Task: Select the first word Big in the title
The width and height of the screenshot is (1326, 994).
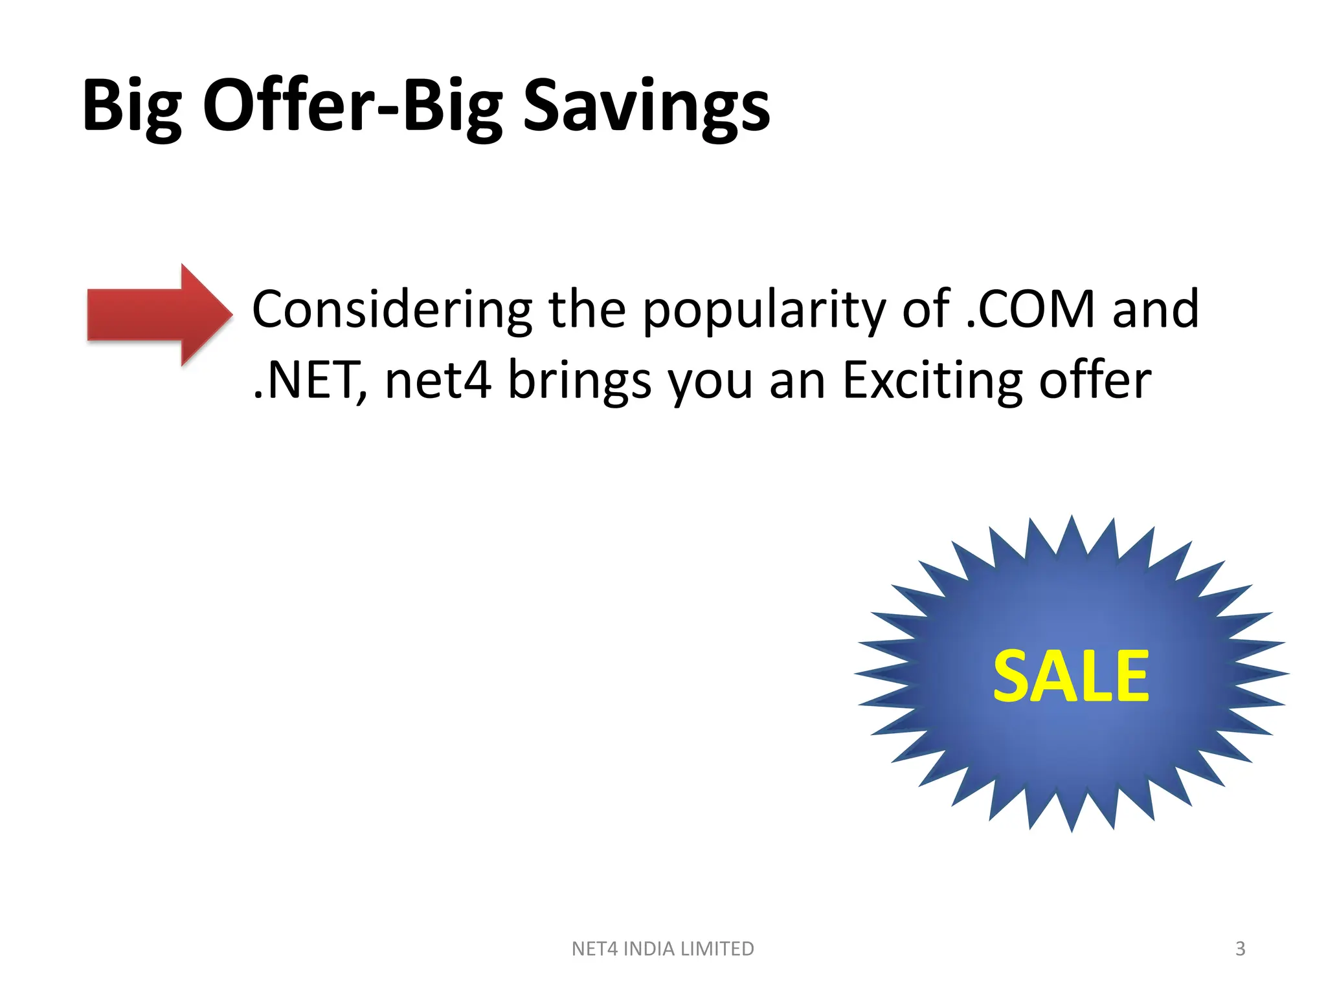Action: pyautogui.click(x=131, y=105)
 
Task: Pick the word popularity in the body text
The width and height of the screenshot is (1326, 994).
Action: pyautogui.click(x=764, y=310)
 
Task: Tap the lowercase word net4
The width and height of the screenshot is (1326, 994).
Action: pyautogui.click(x=438, y=381)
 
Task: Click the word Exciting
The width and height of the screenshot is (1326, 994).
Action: pyautogui.click(x=932, y=381)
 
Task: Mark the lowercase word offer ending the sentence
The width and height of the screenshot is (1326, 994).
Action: pyautogui.click(x=1095, y=381)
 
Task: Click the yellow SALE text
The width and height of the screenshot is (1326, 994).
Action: pyautogui.click(x=1071, y=676)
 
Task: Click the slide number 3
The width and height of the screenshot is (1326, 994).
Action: pyautogui.click(x=1240, y=949)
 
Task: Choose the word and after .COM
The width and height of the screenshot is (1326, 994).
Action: pyautogui.click(x=1155, y=310)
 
